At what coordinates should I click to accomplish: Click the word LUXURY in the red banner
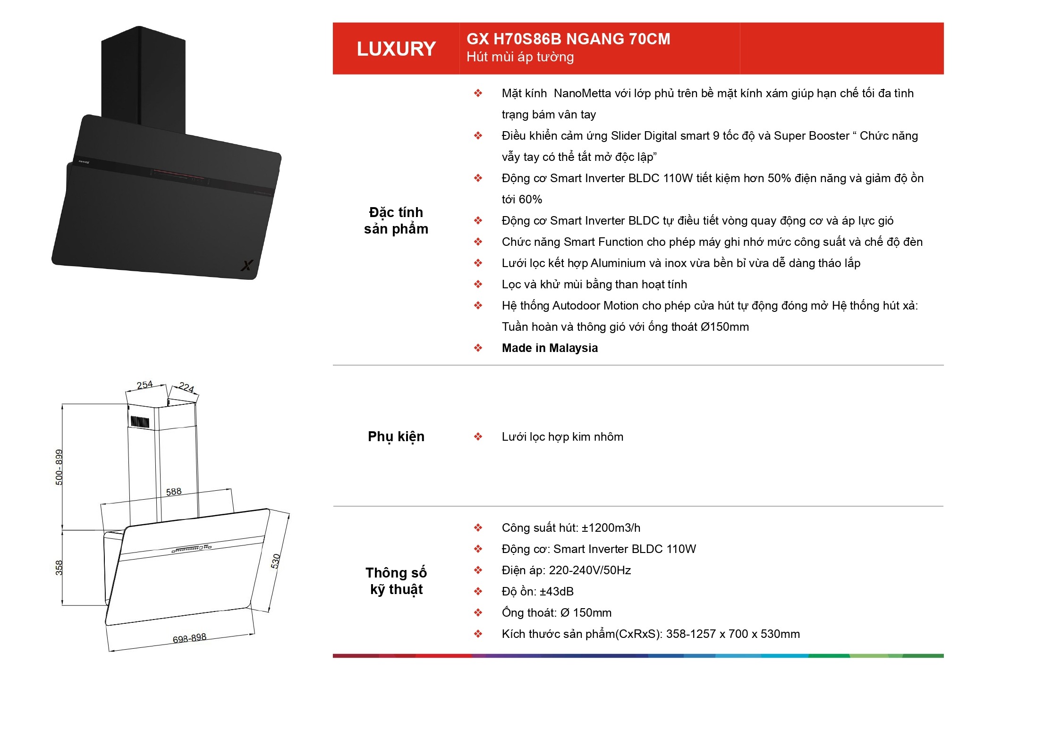[x=396, y=49]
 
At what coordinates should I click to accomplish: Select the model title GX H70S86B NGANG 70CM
[x=568, y=39]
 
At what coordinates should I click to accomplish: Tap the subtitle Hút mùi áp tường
[x=520, y=57]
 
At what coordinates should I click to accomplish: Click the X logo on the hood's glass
[x=246, y=266]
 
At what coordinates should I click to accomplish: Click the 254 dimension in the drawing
[x=144, y=385]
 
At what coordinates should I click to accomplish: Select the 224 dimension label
[x=187, y=387]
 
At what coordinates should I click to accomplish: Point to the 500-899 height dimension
[x=59, y=467]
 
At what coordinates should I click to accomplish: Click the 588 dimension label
[x=174, y=492]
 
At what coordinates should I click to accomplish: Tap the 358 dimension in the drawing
[x=59, y=568]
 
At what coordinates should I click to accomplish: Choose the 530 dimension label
[x=276, y=561]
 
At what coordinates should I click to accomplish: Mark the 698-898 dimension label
[x=189, y=638]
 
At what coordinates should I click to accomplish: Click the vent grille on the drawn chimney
[x=140, y=421]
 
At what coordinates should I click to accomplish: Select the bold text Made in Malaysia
[x=550, y=348]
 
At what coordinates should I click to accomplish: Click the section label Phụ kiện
[x=396, y=437]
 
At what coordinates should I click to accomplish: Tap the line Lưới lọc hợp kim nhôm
[x=562, y=437]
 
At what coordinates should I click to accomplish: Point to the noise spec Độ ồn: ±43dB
[x=538, y=592]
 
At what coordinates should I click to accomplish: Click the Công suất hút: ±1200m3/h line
[x=571, y=528]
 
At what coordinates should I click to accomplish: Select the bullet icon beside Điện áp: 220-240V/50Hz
[x=478, y=570]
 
